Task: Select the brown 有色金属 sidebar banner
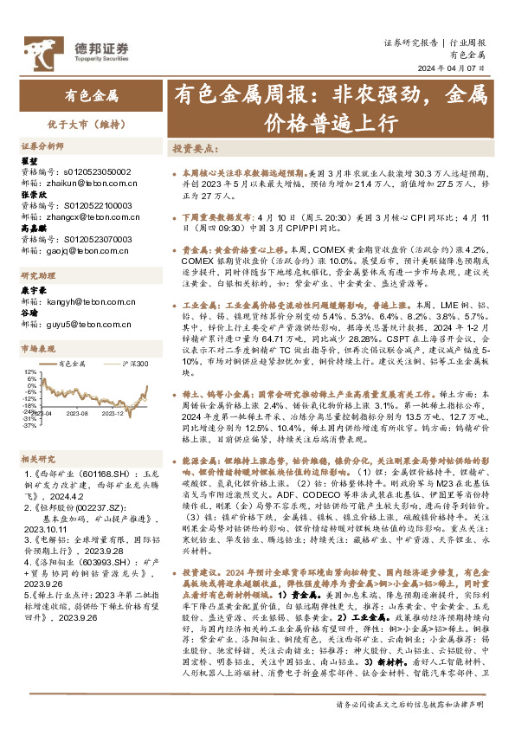coord(91,96)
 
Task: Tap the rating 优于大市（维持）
coord(91,124)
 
